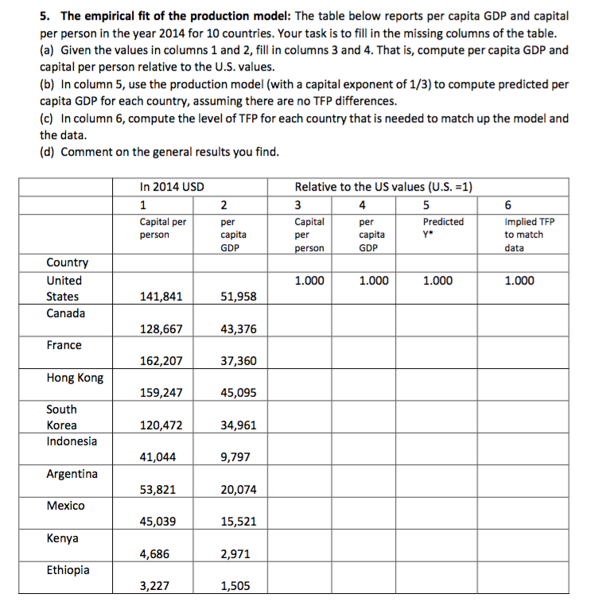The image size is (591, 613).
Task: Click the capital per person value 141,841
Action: click(161, 297)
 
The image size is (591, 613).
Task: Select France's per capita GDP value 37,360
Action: click(238, 361)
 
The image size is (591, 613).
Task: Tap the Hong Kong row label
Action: click(75, 378)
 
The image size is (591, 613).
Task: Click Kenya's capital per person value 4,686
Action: click(155, 554)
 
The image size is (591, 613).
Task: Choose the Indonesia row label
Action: click(72, 441)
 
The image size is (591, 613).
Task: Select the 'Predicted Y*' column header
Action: click(442, 228)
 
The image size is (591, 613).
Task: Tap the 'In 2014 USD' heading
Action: click(172, 187)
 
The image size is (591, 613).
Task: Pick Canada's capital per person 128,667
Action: click(161, 329)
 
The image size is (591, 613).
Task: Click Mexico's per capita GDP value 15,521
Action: click(238, 522)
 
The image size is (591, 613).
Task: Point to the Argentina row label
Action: click(72, 474)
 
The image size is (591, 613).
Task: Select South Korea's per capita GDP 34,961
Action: click(238, 425)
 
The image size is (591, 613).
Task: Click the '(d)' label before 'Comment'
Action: click(48, 152)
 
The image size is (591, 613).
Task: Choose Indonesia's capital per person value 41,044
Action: click(157, 457)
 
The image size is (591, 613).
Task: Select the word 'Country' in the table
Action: click(68, 262)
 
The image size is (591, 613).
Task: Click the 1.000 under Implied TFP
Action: click(519, 281)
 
